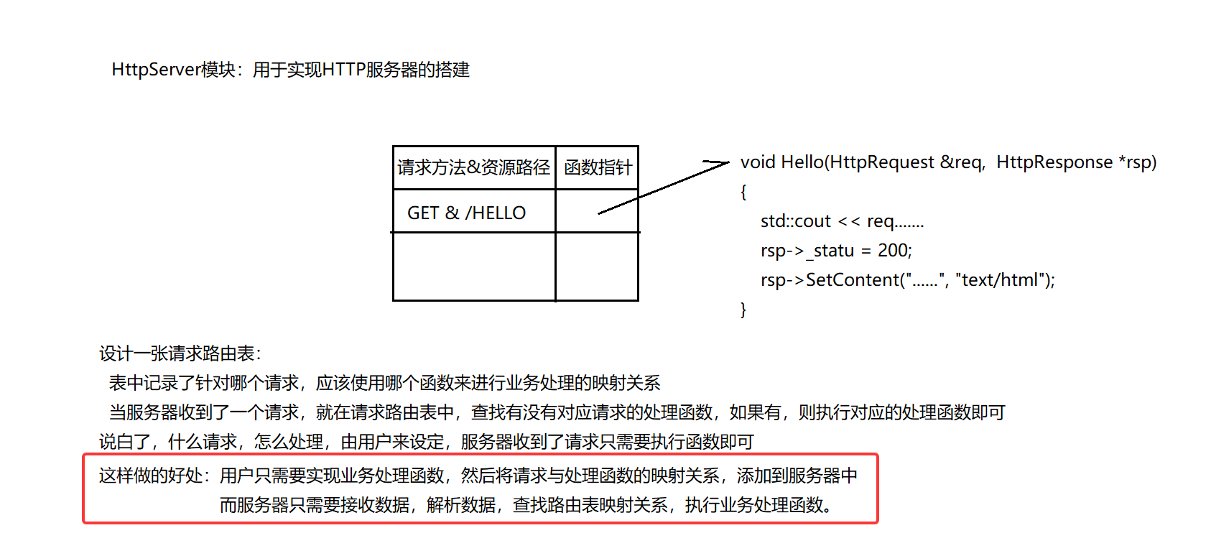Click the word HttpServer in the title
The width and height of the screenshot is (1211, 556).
(156, 70)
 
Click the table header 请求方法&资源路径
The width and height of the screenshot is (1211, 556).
(473, 167)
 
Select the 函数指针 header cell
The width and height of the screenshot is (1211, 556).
(598, 167)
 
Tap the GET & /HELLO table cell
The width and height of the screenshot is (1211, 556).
(466, 213)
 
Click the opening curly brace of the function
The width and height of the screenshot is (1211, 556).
(743, 192)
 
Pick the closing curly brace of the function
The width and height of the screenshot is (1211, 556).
(743, 310)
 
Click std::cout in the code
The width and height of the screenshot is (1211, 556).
(795, 221)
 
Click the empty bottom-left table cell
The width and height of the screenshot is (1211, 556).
(474, 267)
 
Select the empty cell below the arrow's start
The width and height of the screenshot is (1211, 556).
(597, 267)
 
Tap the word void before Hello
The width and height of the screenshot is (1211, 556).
(758, 162)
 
